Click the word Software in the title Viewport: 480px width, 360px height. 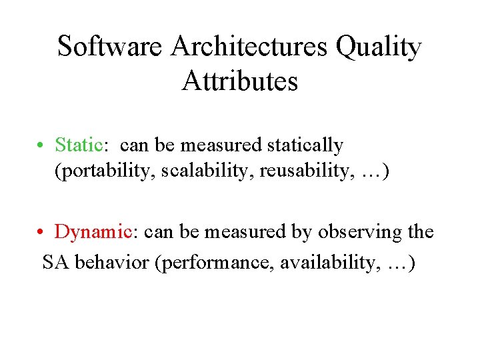pyautogui.click(x=110, y=47)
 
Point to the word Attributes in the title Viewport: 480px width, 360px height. pyautogui.click(x=239, y=81)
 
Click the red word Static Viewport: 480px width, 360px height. pyautogui.click(x=78, y=145)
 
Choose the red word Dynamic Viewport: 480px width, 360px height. pyautogui.click(x=94, y=232)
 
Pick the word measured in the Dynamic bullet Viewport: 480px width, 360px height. pyautogui.click(x=238, y=232)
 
